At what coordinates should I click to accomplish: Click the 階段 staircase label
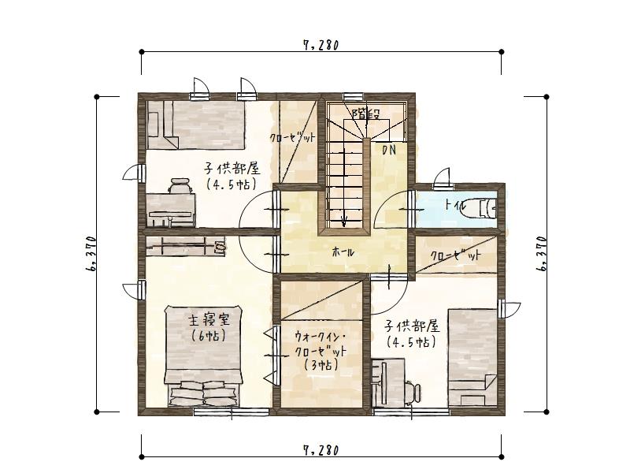click(x=365, y=113)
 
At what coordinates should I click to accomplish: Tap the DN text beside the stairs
click(x=389, y=149)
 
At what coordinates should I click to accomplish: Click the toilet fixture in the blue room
click(x=486, y=208)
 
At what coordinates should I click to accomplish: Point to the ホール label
click(x=343, y=252)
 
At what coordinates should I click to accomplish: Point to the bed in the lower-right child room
click(x=472, y=359)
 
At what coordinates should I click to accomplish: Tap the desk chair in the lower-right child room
click(x=412, y=389)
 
